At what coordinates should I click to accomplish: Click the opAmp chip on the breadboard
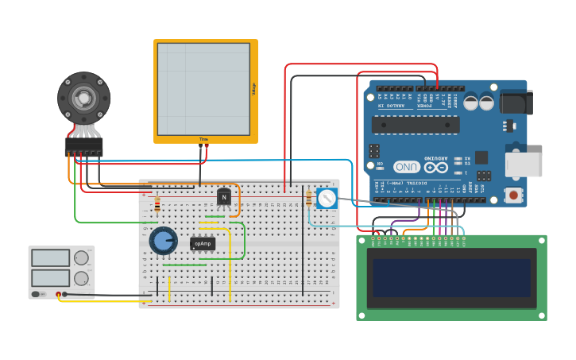[203, 243]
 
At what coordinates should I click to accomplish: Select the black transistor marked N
[225, 197]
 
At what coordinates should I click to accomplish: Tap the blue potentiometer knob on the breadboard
[163, 240]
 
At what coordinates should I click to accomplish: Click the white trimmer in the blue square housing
[327, 199]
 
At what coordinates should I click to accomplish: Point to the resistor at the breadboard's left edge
[157, 206]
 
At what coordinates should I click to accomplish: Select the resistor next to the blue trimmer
[308, 199]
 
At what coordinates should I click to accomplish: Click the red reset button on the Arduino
[513, 195]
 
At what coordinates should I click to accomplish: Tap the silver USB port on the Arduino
[524, 165]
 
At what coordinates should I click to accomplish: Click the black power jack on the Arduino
[516, 103]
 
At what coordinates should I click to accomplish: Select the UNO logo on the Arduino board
[407, 167]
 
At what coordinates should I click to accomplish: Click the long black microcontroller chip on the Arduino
[416, 125]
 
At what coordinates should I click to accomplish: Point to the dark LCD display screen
[451, 277]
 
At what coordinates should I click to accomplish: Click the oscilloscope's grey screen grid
[203, 89]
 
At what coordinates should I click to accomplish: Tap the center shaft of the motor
[83, 97]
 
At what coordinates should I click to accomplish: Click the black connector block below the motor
[83, 147]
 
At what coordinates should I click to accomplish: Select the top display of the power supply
[50, 258]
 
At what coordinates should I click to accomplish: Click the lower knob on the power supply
[81, 278]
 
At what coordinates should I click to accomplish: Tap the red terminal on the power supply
[58, 295]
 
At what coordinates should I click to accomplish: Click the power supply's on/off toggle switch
[37, 294]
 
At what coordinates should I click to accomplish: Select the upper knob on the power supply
[81, 258]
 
